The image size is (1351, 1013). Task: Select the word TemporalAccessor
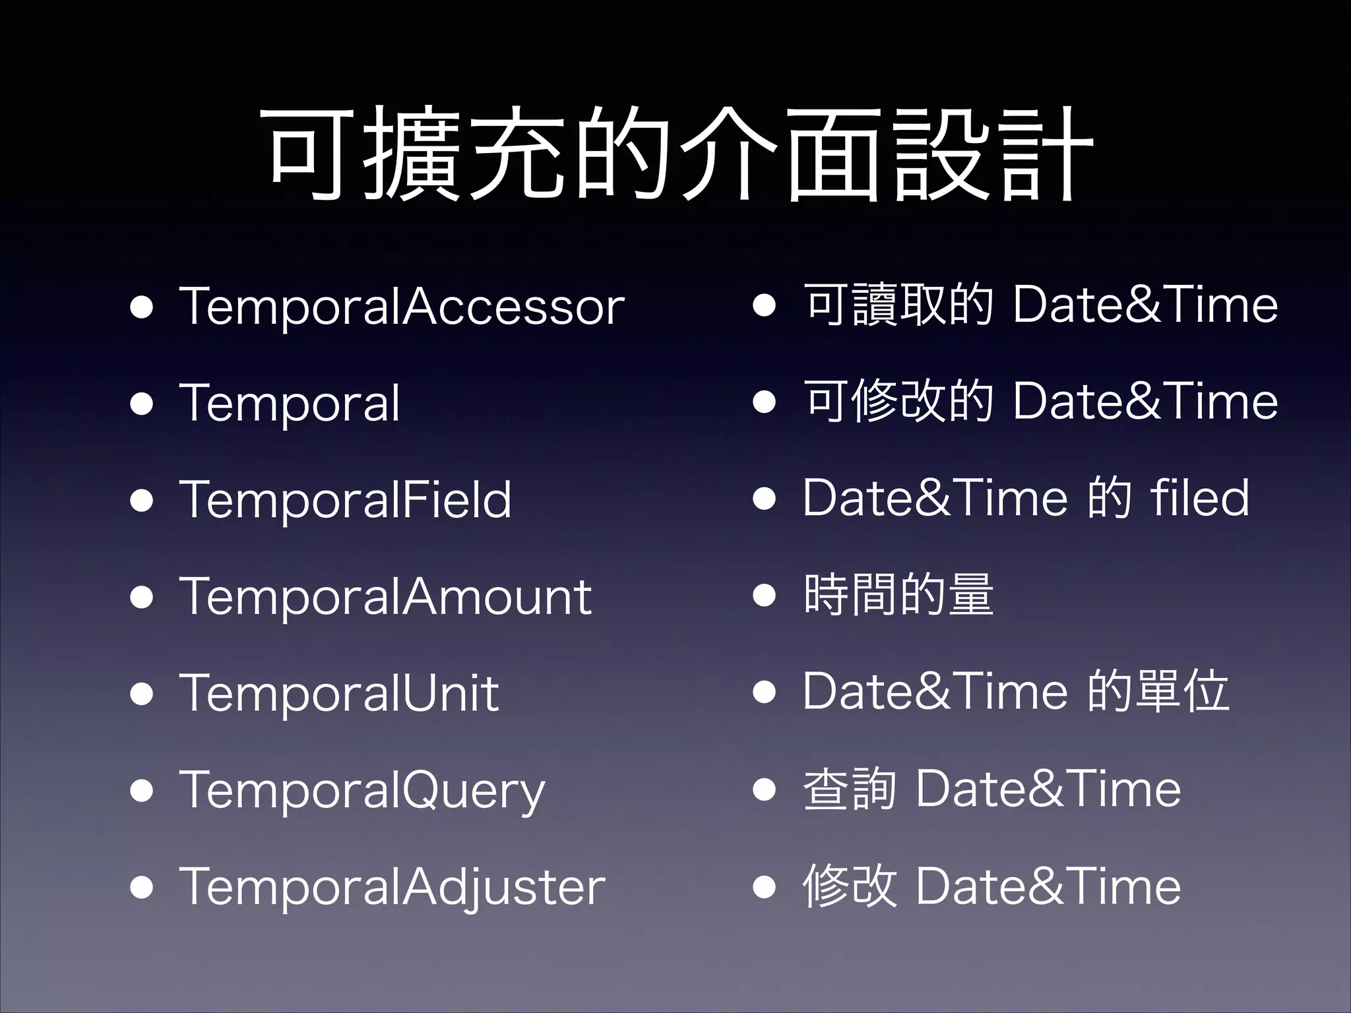(x=402, y=307)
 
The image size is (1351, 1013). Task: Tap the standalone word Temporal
(x=290, y=404)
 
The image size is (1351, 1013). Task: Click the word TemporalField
(x=345, y=500)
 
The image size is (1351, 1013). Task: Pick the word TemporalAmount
(x=385, y=597)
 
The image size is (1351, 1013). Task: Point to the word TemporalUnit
(x=338, y=693)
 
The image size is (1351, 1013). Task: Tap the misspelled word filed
(x=1199, y=497)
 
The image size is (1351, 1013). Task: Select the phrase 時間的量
(x=898, y=595)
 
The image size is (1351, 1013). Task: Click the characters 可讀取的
(x=898, y=305)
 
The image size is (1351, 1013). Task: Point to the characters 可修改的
(x=898, y=401)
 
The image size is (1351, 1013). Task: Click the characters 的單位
(x=1158, y=691)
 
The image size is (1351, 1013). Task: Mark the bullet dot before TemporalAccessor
(x=142, y=307)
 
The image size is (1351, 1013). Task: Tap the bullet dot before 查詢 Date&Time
(x=764, y=789)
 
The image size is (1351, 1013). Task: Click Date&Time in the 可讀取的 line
(x=1145, y=305)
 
